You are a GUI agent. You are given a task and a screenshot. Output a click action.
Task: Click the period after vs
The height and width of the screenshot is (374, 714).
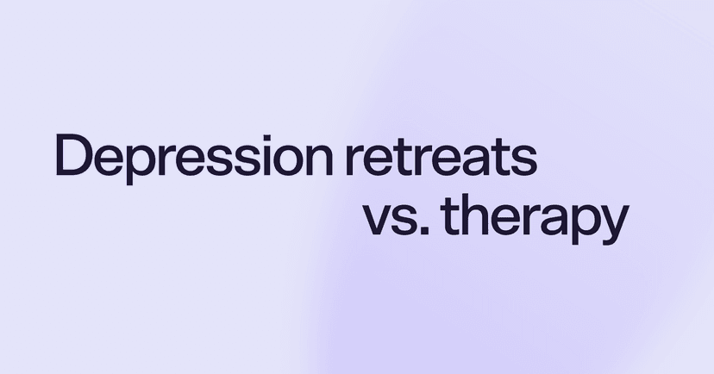pos(422,232)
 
